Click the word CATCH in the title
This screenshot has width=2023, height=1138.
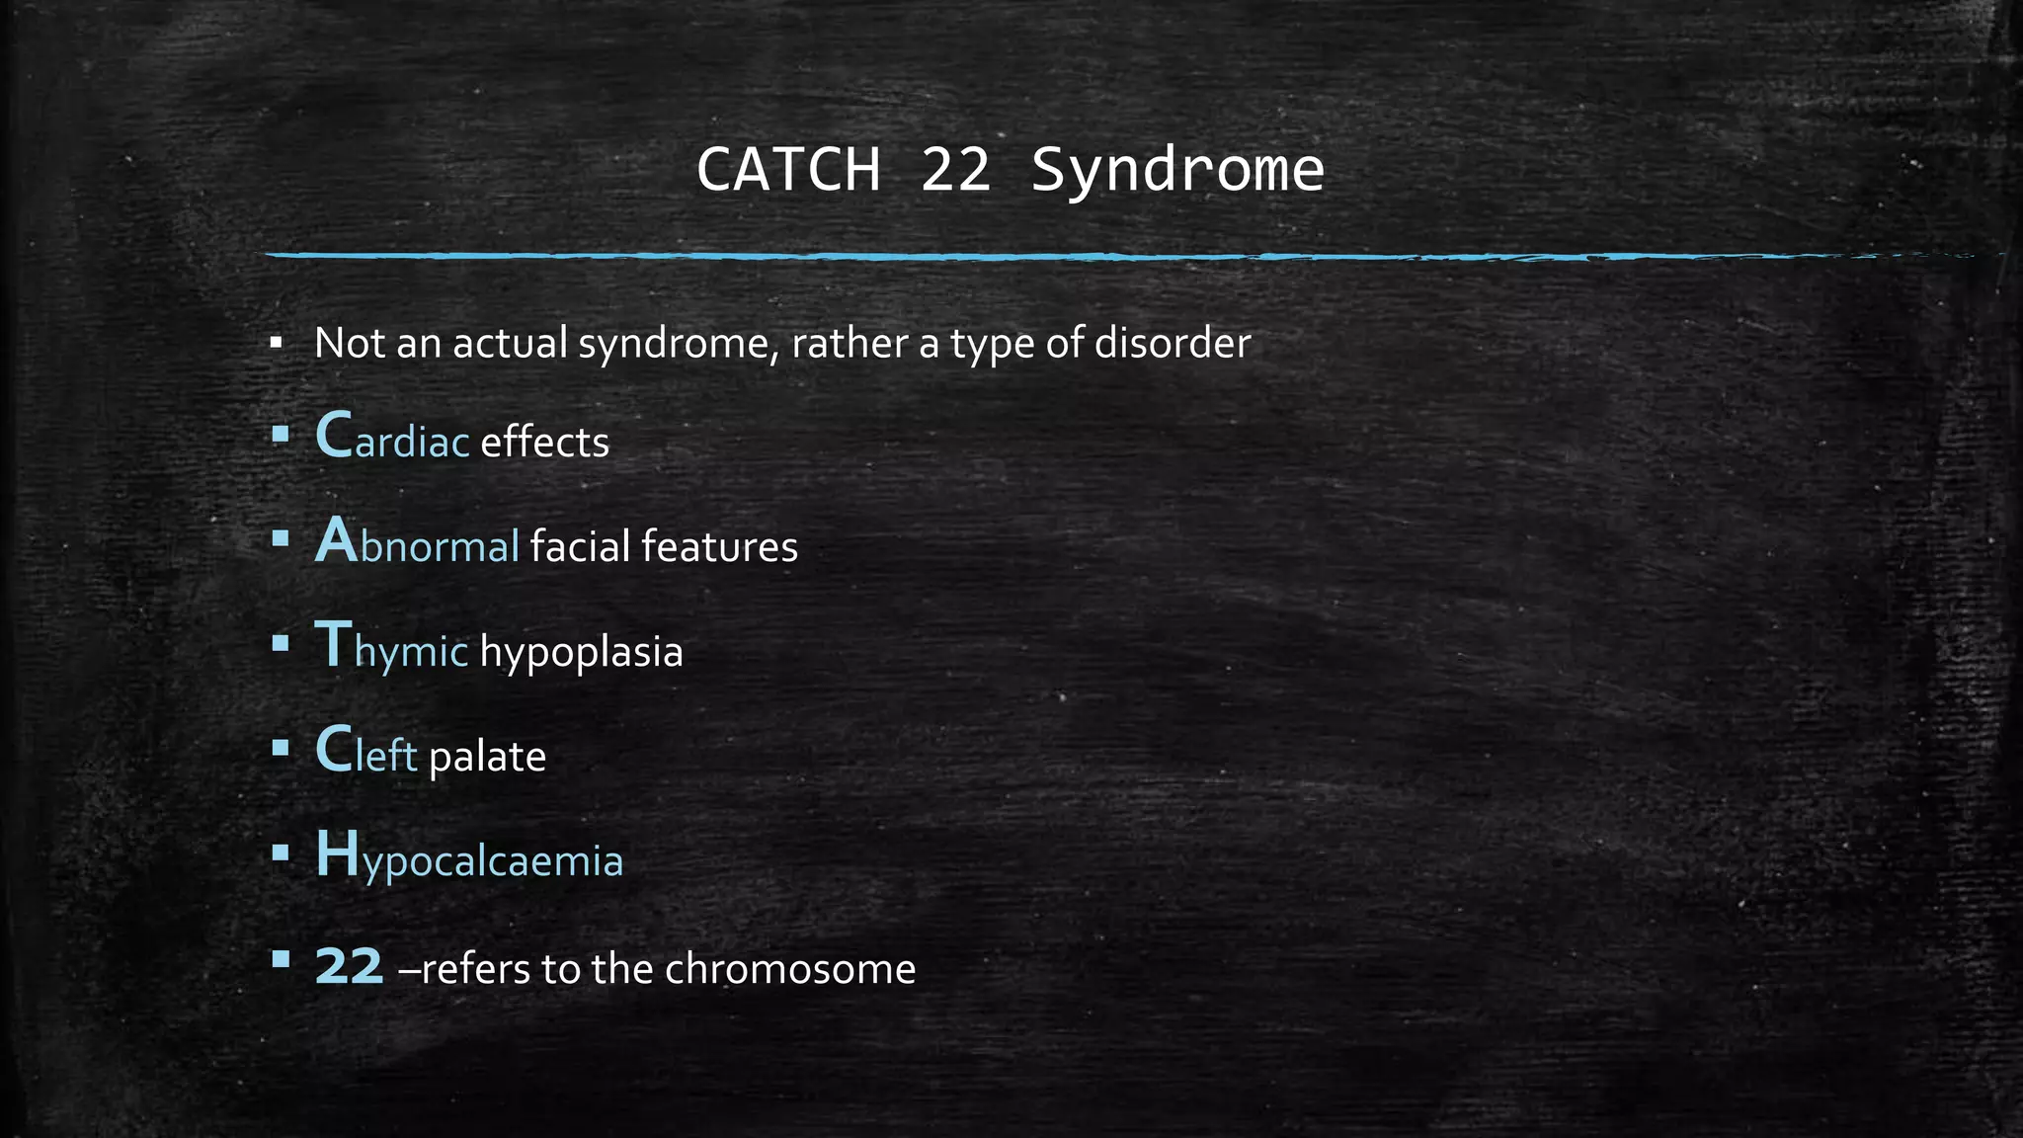tap(787, 170)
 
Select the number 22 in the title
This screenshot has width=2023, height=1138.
tap(955, 170)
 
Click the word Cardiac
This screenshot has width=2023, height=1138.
tap(392, 439)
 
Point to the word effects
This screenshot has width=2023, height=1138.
tap(544, 442)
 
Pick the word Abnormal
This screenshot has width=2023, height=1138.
tap(417, 544)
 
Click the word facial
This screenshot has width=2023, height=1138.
tap(580, 545)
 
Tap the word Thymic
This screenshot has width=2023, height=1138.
tap(391, 649)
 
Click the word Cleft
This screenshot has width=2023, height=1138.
tap(365, 753)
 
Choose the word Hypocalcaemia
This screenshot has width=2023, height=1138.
tap(469, 858)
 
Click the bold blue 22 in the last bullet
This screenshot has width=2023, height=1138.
tap(349, 967)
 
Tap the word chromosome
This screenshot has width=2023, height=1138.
tap(790, 968)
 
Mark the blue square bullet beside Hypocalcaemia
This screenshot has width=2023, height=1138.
tap(281, 853)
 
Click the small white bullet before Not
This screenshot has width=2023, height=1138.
tap(277, 344)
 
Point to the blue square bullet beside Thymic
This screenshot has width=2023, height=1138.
tap(281, 644)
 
